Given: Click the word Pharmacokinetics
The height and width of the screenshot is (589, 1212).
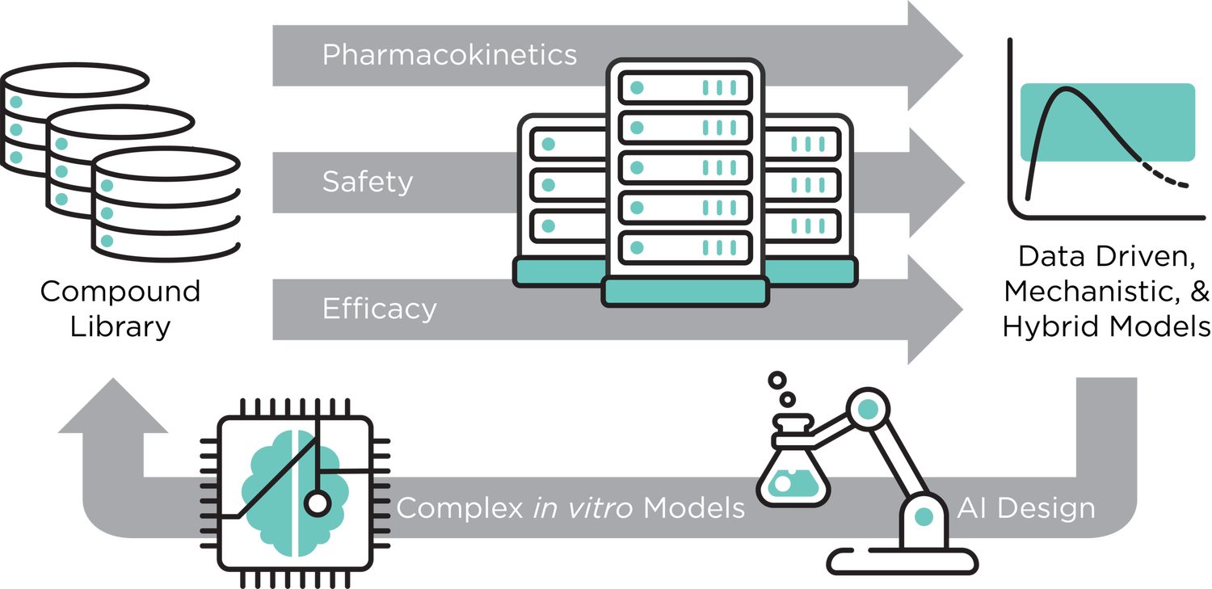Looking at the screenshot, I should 449,55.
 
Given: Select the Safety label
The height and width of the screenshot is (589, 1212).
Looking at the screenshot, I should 367,182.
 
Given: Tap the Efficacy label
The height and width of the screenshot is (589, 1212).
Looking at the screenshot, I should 379,309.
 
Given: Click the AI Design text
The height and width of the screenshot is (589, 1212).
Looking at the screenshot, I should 1026,508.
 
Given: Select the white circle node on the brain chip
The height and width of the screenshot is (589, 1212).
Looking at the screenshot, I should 317,504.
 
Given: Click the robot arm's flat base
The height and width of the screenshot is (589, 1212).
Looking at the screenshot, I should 901,560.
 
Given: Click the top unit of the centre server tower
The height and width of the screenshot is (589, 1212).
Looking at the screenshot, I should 685,86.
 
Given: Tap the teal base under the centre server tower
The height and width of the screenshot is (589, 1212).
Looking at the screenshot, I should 685,291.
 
